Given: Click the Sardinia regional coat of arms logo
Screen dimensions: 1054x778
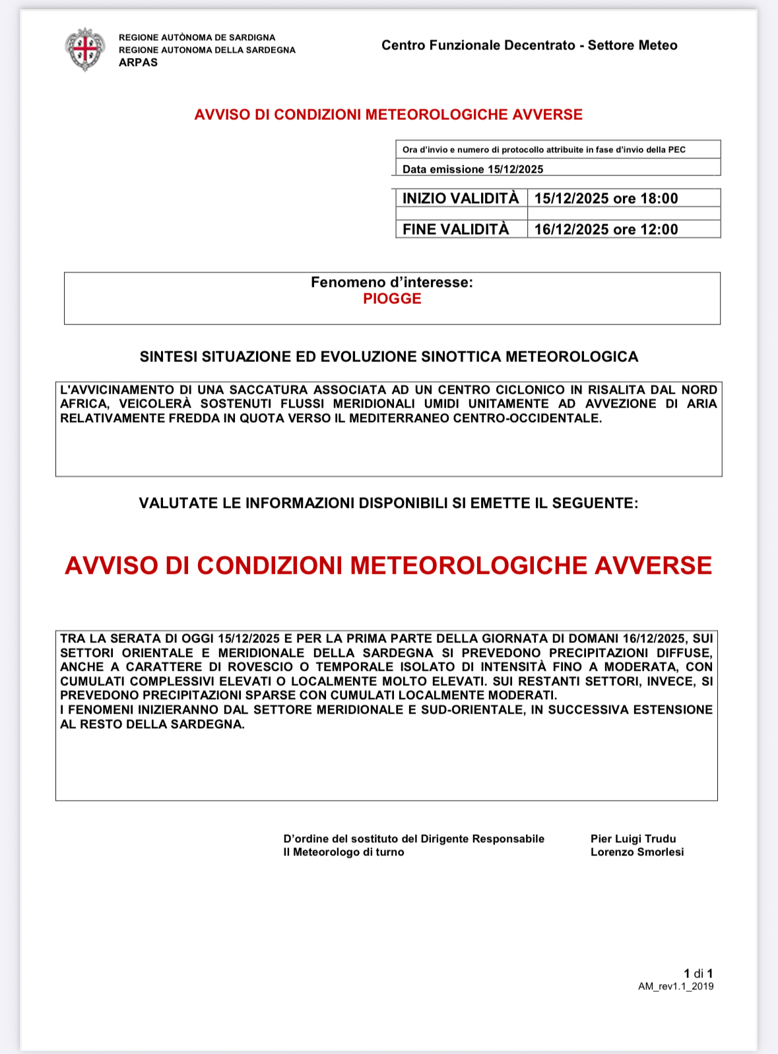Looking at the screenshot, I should point(85,49).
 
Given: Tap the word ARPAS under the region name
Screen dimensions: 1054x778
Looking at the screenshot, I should point(138,63).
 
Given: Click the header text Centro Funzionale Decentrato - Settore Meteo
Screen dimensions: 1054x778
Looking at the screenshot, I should point(529,46).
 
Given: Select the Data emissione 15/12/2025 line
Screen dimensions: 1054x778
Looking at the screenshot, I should point(472,170).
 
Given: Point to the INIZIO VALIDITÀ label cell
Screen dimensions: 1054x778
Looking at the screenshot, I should point(461,199).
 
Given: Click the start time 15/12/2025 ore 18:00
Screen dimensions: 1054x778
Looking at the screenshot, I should point(606,199).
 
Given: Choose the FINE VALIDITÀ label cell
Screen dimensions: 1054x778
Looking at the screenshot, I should point(456,230).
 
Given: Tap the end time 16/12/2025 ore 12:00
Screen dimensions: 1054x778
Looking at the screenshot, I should point(606,230).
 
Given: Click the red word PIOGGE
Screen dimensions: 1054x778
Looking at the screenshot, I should point(392,299).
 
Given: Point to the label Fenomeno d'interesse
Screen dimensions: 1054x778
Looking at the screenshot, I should point(392,282).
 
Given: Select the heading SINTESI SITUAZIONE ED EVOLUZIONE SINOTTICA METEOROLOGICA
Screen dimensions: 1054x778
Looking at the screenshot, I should point(389,357).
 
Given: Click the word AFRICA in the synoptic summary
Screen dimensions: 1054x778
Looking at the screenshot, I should point(84,404).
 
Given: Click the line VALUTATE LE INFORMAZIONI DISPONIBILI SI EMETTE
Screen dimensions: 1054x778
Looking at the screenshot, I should point(388,503).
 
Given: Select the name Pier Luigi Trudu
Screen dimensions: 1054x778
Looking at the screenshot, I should point(633,839).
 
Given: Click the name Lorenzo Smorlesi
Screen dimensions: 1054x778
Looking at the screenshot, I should point(637,852).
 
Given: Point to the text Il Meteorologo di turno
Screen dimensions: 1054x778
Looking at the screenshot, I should point(344,852).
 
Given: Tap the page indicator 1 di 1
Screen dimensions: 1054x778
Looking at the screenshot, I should point(698,974).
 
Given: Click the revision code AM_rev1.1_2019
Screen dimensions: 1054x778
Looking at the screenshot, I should point(676,987).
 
